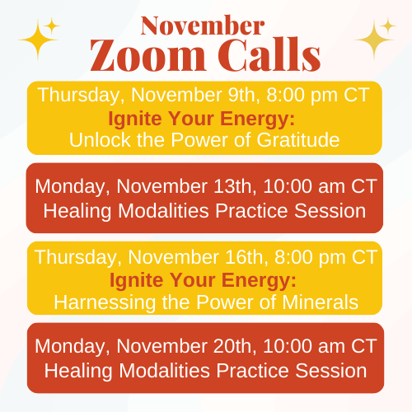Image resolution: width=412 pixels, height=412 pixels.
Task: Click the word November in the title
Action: (x=203, y=26)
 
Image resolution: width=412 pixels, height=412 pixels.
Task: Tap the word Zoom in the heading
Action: (x=148, y=55)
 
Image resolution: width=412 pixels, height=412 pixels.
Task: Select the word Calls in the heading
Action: (x=269, y=54)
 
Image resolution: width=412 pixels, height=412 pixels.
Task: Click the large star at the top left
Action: (x=38, y=40)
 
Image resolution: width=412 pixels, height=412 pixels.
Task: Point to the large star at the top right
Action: (x=374, y=40)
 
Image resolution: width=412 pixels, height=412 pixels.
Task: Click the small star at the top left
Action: (x=51, y=26)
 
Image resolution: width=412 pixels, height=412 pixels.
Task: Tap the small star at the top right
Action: (x=387, y=26)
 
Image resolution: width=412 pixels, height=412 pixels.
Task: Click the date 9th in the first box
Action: (x=244, y=95)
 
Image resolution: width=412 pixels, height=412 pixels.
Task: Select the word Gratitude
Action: (x=298, y=140)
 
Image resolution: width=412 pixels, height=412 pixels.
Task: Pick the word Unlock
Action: (x=101, y=140)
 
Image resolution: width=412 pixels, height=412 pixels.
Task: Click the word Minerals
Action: (x=320, y=302)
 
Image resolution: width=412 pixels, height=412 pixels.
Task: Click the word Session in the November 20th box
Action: (x=331, y=371)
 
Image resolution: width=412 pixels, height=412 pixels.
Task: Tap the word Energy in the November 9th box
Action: (x=257, y=119)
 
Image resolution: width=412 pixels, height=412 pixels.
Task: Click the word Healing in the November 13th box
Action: (x=77, y=213)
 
